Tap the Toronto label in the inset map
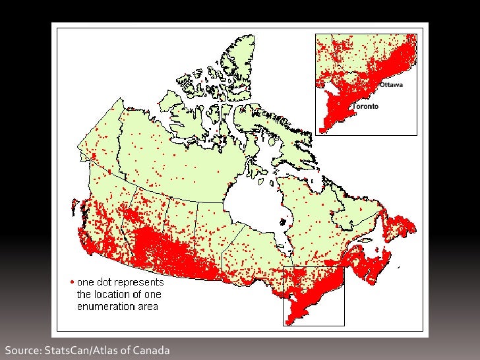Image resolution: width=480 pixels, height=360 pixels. coord(366,107)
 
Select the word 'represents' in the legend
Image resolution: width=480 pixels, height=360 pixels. coord(141,283)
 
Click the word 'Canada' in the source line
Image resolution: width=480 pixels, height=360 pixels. coord(152,350)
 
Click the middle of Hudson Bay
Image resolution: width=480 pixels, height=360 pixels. coord(254,201)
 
